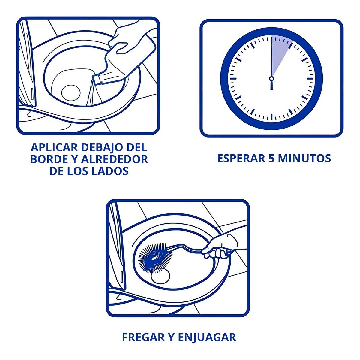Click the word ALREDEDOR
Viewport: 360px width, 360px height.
(x=115, y=159)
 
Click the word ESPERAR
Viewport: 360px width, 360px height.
(x=241, y=159)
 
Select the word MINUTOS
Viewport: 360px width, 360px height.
(x=304, y=159)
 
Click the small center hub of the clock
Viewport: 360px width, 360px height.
(x=271, y=79)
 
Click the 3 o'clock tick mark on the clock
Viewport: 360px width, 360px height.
(x=310, y=79)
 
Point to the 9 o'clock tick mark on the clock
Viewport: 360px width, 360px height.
(x=233, y=79)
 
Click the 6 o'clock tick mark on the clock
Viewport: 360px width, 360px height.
(x=271, y=117)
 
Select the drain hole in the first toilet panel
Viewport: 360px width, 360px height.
(x=71, y=92)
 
